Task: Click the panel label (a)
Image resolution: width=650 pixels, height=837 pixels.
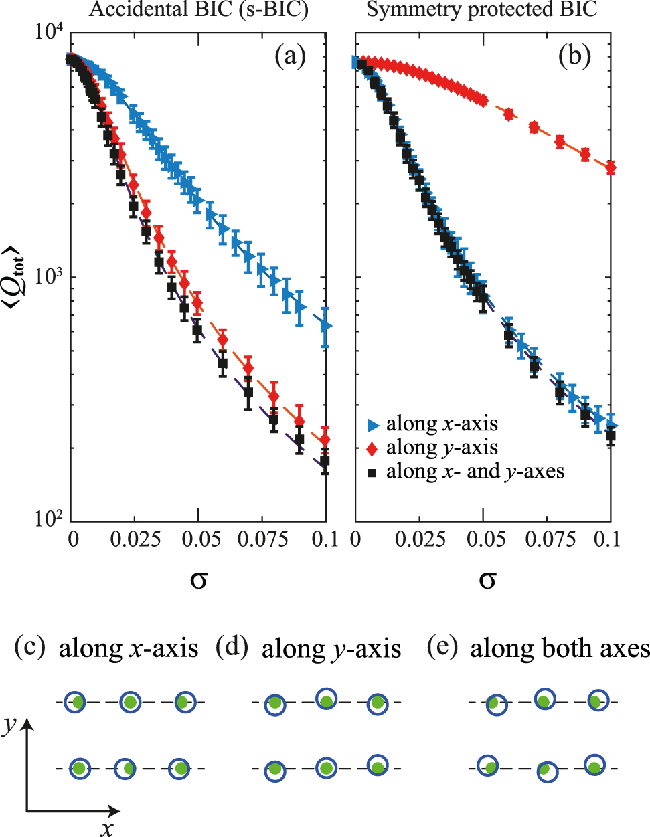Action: [x=290, y=57]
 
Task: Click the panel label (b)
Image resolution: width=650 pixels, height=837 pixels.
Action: [x=574, y=57]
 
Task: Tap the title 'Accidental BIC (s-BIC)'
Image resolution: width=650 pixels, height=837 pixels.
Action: [x=199, y=9]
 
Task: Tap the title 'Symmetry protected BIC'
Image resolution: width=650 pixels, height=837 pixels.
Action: [x=482, y=9]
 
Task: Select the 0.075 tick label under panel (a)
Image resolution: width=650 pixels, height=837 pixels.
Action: [x=262, y=539]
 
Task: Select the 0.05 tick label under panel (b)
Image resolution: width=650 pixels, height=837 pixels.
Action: [x=485, y=539]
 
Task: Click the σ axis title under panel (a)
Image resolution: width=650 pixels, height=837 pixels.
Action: [x=199, y=579]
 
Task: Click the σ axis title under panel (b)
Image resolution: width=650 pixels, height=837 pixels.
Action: [x=487, y=579]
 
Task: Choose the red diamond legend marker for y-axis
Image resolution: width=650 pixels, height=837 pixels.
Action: [x=373, y=448]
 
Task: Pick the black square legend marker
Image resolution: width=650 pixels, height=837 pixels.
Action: [x=373, y=472]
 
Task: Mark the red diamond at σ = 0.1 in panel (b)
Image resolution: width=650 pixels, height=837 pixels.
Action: [x=610, y=167]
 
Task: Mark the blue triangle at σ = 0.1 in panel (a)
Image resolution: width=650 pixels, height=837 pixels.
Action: [x=325, y=326]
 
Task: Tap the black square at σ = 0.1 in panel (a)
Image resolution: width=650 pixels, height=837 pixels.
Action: [x=325, y=461]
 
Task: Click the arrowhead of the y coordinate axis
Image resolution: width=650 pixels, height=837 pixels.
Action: [x=27, y=724]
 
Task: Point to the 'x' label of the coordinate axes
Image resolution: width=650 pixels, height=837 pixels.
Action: [x=107, y=829]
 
